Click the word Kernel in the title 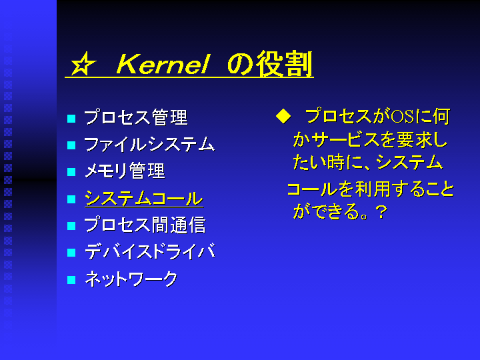tap(163, 64)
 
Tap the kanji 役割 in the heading tap(285, 64)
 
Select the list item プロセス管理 tap(135, 117)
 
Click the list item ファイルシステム tap(149, 144)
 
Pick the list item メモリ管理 tap(125, 171)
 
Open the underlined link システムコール tap(144, 199)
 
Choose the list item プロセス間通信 tap(145, 225)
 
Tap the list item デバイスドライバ tap(150, 251)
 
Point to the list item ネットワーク tap(131, 279)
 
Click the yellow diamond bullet tap(283, 117)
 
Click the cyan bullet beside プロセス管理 tap(71, 119)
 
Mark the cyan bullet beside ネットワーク tap(71, 280)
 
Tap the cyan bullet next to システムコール tap(71, 199)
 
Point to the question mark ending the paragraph tap(381, 212)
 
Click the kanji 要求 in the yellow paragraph tap(413, 140)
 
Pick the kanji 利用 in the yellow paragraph tap(372, 189)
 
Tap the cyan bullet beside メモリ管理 tap(71, 172)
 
